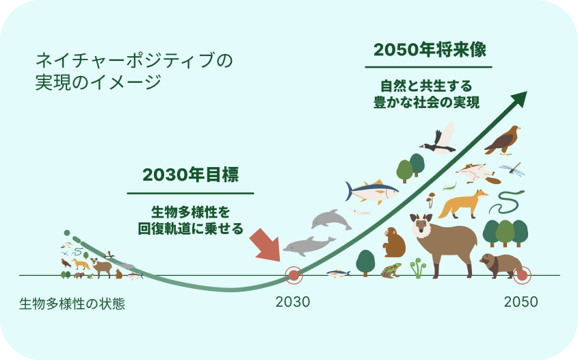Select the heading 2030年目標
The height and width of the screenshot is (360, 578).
(x=190, y=175)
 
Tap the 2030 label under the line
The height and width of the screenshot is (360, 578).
(x=293, y=302)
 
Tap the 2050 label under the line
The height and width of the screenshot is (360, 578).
(x=521, y=302)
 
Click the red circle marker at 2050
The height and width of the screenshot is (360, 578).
(x=523, y=275)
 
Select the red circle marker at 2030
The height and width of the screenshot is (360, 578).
(x=294, y=275)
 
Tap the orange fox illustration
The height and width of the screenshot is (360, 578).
(x=463, y=204)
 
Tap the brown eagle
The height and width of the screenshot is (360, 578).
(x=502, y=140)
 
